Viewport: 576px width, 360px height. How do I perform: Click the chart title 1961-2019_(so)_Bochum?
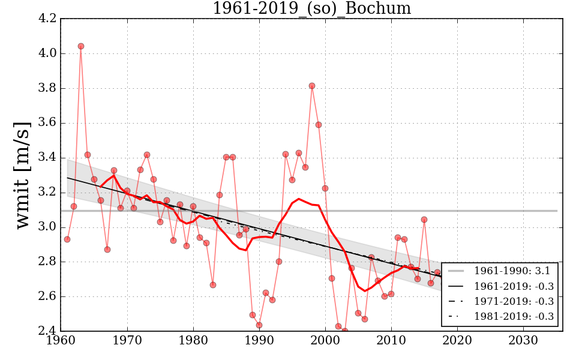coord(311,8)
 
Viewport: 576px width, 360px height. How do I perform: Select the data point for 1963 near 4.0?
coord(81,46)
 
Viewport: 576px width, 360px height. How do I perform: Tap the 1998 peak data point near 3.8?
coord(312,86)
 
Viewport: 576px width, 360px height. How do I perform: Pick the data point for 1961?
coord(67,239)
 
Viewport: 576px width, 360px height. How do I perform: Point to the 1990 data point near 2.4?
coord(259,325)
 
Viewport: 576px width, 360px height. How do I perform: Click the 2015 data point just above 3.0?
coord(424,220)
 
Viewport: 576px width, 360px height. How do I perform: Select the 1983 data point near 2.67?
coord(213,285)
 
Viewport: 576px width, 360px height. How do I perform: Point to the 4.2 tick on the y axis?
coord(47,19)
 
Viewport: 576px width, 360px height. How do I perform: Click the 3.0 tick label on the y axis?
coord(47,227)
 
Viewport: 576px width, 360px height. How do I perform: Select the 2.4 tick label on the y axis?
coord(47,331)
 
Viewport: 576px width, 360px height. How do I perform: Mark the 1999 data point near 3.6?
coord(319,125)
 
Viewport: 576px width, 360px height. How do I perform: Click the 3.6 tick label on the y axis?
coord(47,123)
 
